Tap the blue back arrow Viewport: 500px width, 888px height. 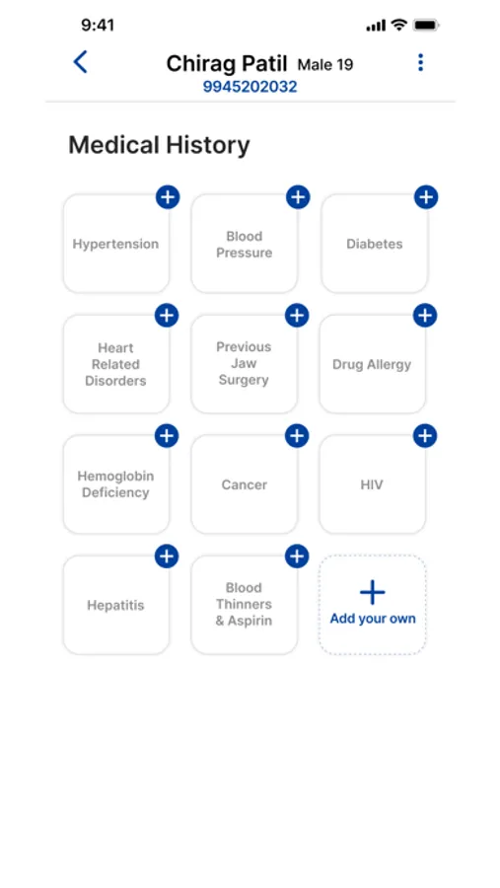coord(81,62)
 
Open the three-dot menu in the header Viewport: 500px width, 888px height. coord(420,62)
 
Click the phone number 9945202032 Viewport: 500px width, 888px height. coord(250,87)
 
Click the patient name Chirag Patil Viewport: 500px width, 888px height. coord(227,64)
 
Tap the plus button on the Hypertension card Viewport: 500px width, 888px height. coord(168,197)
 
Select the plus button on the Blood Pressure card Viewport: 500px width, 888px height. coord(298,197)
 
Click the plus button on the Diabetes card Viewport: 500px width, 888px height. coord(426,197)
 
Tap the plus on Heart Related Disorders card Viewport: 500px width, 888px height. coord(167,316)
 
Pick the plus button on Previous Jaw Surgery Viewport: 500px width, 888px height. coord(297,316)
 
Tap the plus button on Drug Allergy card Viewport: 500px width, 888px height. coord(425,316)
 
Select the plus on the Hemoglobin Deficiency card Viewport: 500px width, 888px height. coord(167,436)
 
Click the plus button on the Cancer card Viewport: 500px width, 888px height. coord(297,436)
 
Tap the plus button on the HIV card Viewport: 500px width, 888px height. coord(425,436)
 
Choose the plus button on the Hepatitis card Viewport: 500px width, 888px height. coord(167,556)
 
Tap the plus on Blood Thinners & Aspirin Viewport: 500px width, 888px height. coord(297,556)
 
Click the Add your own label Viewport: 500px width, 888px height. coord(373,619)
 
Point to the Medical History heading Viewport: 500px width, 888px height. coord(159,146)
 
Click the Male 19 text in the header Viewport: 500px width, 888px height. coord(325,64)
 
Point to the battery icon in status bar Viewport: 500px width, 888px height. coord(426,26)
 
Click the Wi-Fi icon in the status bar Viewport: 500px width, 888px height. coord(399,25)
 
